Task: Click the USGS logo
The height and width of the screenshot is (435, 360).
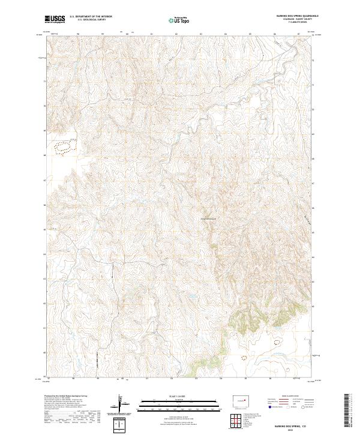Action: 55,19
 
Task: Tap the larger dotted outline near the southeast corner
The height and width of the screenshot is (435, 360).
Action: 278,343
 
